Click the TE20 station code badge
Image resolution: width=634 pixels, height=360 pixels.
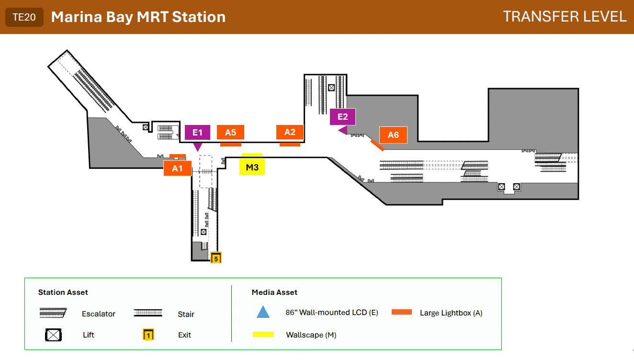click(x=24, y=17)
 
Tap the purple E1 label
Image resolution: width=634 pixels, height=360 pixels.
click(x=198, y=132)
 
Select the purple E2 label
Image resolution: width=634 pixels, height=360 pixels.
click(x=343, y=117)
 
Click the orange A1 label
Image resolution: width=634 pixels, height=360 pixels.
click(x=178, y=169)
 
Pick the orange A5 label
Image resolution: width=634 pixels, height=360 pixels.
click(x=231, y=132)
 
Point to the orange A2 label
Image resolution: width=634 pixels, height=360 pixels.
click(x=290, y=132)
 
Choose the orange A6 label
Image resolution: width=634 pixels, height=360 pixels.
click(x=394, y=135)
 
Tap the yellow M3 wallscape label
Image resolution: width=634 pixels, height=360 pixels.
click(x=252, y=167)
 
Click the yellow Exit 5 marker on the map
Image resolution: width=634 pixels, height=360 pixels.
click(x=216, y=258)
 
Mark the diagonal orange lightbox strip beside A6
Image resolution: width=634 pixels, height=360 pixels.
click(x=377, y=145)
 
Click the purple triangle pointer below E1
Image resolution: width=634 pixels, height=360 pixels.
click(x=198, y=147)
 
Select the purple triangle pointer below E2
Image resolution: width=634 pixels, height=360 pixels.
click(x=343, y=131)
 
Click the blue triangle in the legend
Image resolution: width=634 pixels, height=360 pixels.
click(x=263, y=312)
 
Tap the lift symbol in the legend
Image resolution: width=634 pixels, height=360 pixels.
click(x=53, y=335)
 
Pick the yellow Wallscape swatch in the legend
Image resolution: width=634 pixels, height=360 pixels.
click(x=263, y=335)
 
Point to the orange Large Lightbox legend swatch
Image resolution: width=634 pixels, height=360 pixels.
click(x=402, y=312)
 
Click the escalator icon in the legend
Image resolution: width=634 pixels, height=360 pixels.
click(x=53, y=313)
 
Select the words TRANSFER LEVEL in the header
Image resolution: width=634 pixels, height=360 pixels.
click(x=565, y=17)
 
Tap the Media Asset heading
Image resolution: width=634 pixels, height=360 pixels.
click(x=274, y=292)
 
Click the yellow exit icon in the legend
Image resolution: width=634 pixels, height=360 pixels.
click(x=148, y=334)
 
